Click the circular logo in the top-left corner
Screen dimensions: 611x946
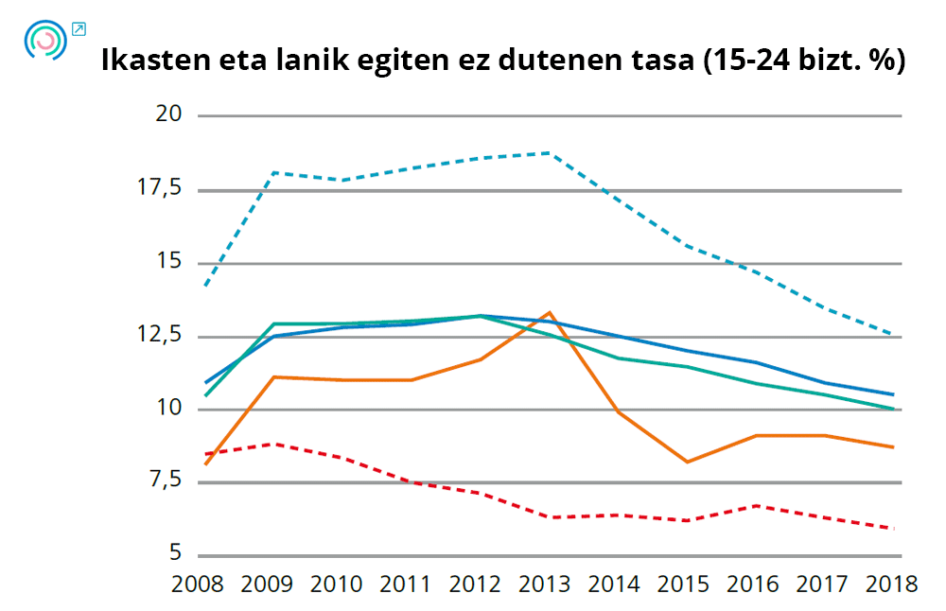[x=45, y=41]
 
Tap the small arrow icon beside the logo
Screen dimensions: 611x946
[x=78, y=28]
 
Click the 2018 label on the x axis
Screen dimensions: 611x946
[x=891, y=584]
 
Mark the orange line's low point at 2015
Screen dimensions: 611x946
[x=686, y=462]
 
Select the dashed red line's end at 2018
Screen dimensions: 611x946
[x=891, y=528]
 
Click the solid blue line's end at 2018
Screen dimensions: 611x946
[x=891, y=394]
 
